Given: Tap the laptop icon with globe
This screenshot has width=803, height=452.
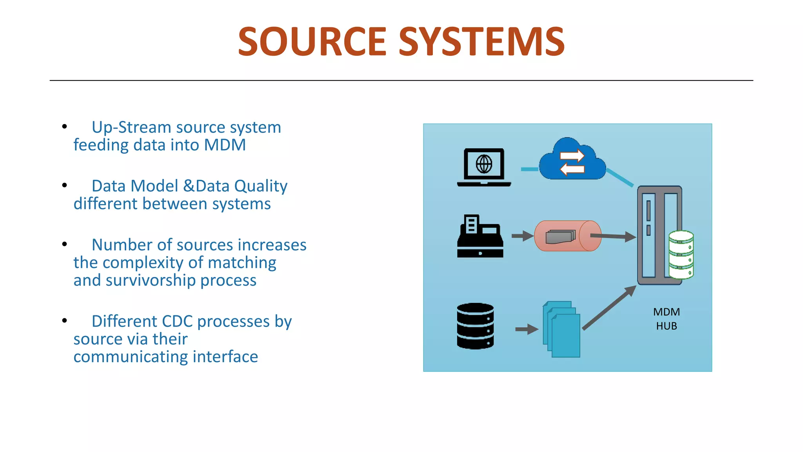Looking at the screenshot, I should [x=484, y=167].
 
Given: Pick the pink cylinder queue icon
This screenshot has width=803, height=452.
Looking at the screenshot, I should [x=567, y=236].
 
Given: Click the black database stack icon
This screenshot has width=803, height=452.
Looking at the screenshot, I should [x=475, y=326].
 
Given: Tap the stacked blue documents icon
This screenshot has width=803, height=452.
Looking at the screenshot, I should [x=561, y=329].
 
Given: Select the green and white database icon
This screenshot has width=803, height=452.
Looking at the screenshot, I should [x=681, y=255].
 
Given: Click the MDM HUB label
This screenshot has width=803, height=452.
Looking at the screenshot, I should [x=667, y=319].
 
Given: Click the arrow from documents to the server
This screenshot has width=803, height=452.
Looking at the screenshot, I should [x=609, y=308].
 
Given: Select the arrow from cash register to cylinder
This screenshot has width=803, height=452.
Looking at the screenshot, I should [x=522, y=236].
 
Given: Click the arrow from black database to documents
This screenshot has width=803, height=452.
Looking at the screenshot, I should [x=527, y=329].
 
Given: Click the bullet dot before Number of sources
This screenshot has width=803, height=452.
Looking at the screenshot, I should [x=65, y=244].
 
